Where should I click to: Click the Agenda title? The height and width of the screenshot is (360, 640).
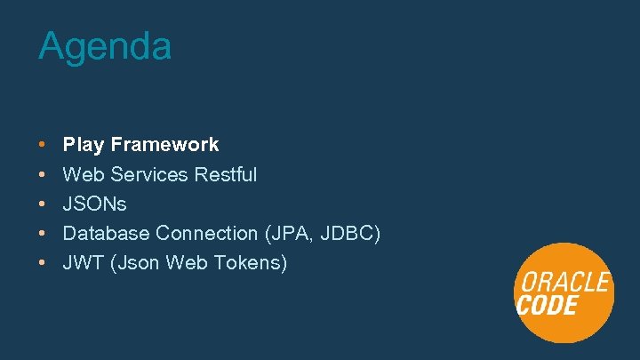[105, 47]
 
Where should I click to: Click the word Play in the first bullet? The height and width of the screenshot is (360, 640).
[84, 145]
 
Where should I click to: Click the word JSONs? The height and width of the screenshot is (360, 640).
[95, 204]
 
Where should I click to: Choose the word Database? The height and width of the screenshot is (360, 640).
[106, 233]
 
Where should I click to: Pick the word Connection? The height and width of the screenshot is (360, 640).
[206, 233]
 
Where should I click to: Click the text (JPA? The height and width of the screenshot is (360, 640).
[287, 233]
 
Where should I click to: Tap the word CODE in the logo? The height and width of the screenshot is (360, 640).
[548, 306]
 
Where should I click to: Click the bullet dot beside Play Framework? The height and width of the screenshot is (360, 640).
[43, 145]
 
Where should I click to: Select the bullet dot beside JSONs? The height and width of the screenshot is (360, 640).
[43, 204]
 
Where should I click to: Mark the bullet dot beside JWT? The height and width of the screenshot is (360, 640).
[43, 263]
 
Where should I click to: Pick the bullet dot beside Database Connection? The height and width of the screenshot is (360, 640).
[43, 233]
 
